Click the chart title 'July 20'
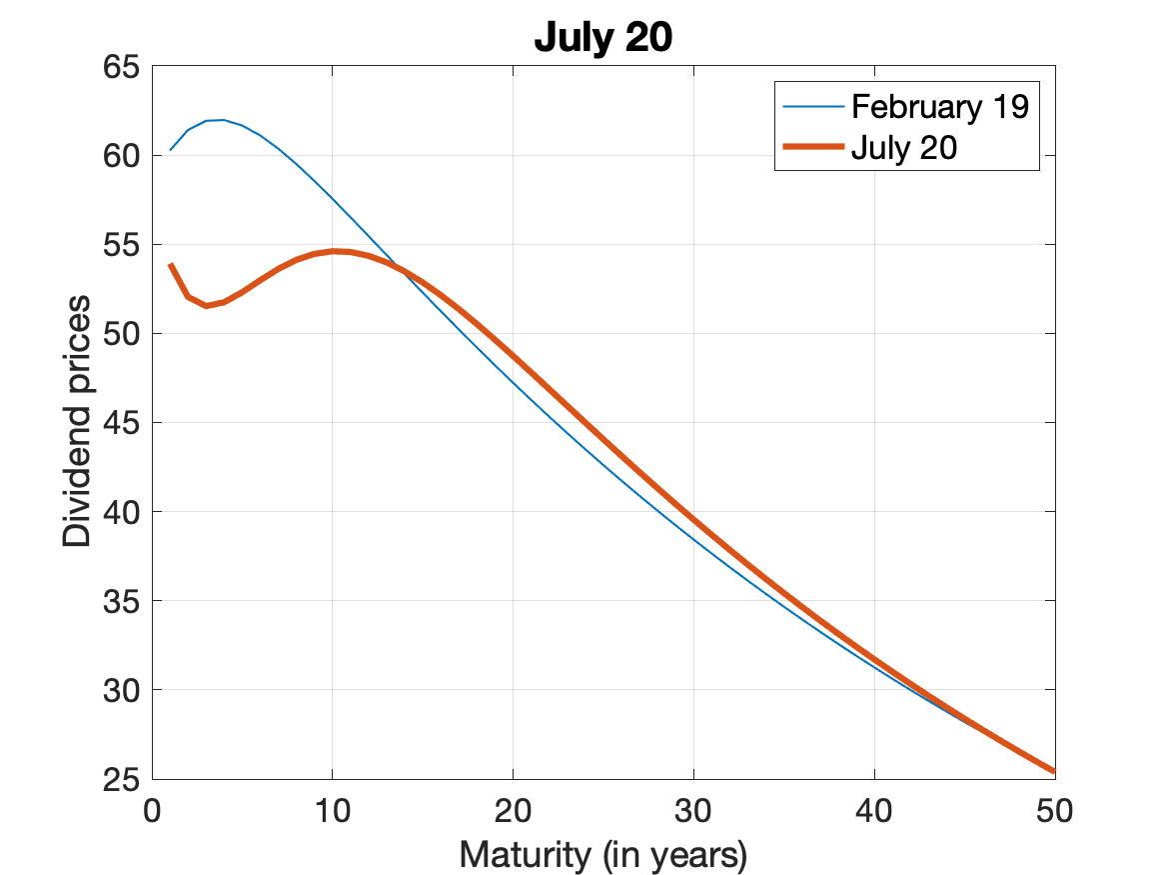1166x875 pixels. coord(603,37)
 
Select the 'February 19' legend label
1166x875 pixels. coord(939,107)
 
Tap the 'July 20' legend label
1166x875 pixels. coord(904,149)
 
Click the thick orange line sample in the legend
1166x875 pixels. coord(812,149)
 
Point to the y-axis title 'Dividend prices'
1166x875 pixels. coord(77,421)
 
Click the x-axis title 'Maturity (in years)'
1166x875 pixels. coord(603,855)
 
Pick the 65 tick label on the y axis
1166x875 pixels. coord(123,68)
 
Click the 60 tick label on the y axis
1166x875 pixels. coord(123,156)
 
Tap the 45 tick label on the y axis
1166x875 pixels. coord(123,423)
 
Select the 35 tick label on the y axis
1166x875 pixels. coord(123,601)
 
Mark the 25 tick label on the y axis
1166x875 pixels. coord(123,779)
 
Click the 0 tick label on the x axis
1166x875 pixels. coord(152,809)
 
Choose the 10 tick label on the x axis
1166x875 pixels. coord(333,809)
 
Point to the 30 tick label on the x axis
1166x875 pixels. coord(693,809)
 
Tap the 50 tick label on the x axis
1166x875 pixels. coord(1055,809)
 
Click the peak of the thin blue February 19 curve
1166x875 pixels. coord(222,120)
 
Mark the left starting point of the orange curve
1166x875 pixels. coord(170,265)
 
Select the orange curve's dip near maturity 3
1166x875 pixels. coord(206,306)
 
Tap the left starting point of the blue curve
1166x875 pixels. coord(170,150)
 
